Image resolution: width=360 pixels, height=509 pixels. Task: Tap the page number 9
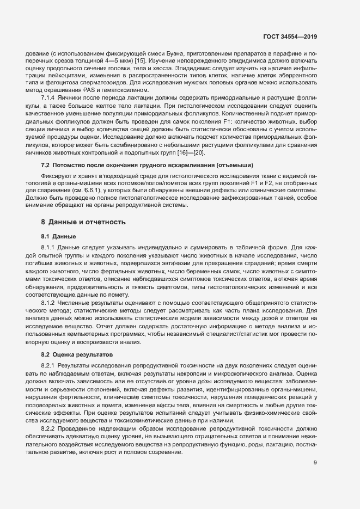pos(315,479)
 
